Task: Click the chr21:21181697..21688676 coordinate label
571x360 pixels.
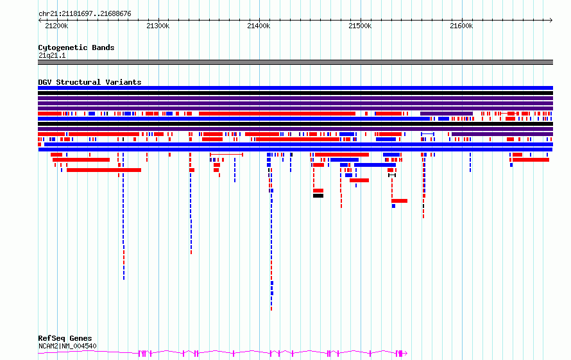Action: point(85,14)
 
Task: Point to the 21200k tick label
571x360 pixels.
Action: point(56,26)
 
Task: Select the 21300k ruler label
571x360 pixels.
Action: point(158,26)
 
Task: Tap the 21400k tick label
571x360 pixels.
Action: point(259,26)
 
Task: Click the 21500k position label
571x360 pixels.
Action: point(360,26)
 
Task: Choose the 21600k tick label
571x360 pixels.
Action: point(461,26)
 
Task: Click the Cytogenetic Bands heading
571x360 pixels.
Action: point(76,47)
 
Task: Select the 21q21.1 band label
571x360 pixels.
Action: point(52,55)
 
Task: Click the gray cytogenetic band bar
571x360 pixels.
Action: point(295,62)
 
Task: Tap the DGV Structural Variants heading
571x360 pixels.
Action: point(90,82)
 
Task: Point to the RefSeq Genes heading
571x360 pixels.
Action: point(65,338)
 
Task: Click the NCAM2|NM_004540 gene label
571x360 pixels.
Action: point(67,346)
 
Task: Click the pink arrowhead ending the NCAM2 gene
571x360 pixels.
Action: point(405,353)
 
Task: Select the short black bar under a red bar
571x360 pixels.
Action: point(318,196)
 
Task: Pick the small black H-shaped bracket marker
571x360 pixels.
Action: point(392,175)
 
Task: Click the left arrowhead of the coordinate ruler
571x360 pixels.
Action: point(39,21)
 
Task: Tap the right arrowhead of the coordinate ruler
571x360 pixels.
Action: point(551,21)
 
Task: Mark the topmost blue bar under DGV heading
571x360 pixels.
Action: point(295,88)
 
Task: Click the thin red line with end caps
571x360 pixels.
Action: point(226,155)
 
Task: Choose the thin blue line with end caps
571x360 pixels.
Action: point(427,135)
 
